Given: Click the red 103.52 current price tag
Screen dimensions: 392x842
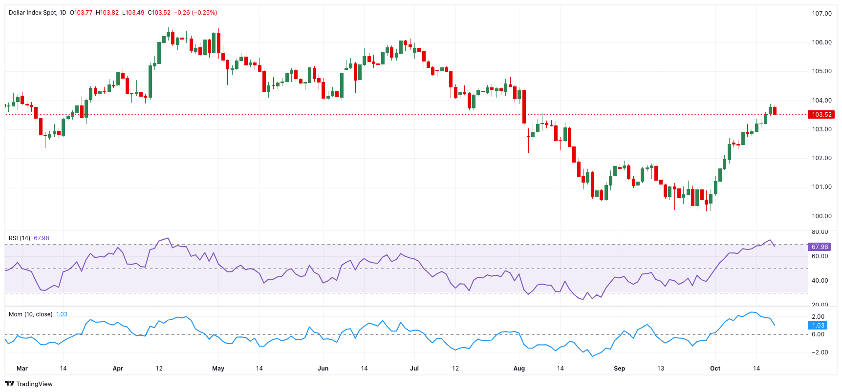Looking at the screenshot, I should pos(821,115).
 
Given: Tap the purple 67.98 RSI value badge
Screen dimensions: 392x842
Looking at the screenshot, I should pos(820,247).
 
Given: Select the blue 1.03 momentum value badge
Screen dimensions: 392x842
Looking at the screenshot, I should pos(818,326).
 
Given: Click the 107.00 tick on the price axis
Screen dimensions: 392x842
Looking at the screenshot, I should pos(821,14).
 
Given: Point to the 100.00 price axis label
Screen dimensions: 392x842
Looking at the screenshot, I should pos(821,216).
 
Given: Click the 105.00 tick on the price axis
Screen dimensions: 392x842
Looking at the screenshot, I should pos(821,71).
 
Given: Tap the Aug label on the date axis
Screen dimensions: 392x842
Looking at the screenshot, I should pos(519,369).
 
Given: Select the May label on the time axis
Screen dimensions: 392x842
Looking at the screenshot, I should pos(218,369).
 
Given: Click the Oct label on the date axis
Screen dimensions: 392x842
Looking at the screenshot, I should pos(715,369).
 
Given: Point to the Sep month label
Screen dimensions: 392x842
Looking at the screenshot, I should pos(619,369).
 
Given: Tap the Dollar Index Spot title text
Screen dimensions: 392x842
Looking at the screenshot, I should pos(33,13).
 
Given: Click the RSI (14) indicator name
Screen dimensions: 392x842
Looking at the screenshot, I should pos(20,238).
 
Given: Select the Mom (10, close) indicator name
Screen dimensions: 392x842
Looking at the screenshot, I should pos(30,314).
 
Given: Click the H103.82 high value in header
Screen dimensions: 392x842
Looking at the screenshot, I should pos(107,13).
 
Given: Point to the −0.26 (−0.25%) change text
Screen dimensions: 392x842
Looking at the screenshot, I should pos(195,13).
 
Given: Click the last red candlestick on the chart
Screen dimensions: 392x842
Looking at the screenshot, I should pos(775,111).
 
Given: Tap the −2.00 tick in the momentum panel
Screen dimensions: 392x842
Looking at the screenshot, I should pos(818,352).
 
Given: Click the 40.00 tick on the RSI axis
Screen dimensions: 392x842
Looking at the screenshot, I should pos(820,281).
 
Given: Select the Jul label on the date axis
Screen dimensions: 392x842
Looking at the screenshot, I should pos(414,369).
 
